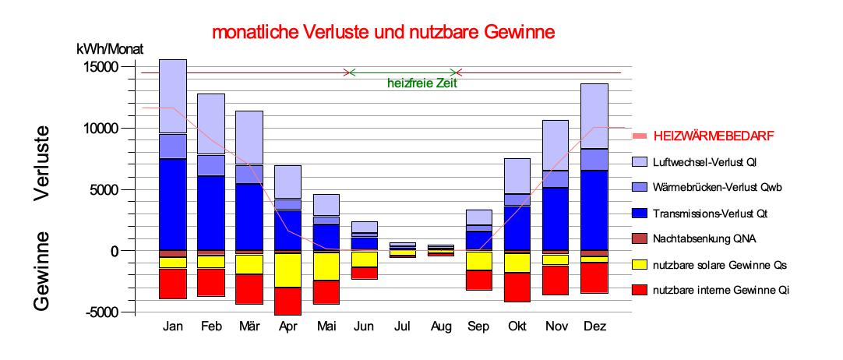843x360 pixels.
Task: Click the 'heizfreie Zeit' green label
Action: pos(421,83)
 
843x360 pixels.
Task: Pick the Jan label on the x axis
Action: pos(173,326)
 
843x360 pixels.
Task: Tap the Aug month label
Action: pos(442,326)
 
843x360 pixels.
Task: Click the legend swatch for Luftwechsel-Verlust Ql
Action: pos(639,161)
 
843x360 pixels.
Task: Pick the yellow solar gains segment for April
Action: pos(287,270)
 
